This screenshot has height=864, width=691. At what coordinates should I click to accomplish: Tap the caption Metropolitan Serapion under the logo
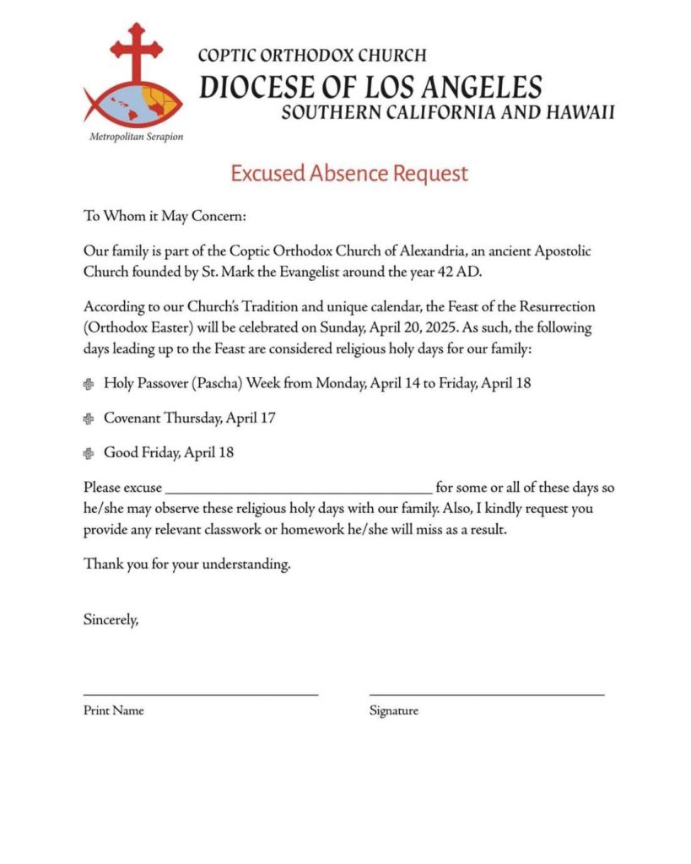tap(136, 136)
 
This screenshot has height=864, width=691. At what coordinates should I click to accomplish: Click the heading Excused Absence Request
tap(349, 174)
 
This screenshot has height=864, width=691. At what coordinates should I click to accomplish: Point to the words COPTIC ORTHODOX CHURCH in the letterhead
tap(312, 57)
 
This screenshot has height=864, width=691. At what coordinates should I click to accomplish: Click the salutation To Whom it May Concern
tap(165, 216)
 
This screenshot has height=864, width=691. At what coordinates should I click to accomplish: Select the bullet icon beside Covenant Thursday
tap(89, 418)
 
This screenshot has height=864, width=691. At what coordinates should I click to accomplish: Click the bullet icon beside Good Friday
tap(89, 453)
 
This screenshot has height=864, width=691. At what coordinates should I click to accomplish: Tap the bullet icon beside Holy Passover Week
tap(89, 384)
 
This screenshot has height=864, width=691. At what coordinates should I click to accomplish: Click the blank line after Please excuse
tap(299, 489)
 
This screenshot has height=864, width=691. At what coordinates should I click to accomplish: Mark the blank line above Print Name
tap(201, 694)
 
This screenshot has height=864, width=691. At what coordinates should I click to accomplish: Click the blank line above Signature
tap(487, 694)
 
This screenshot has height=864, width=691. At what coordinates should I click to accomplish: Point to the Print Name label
tap(114, 710)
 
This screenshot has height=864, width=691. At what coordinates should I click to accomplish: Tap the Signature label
tap(393, 710)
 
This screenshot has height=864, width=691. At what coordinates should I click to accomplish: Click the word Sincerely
tap(111, 619)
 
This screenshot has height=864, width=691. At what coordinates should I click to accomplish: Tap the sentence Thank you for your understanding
tap(187, 564)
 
